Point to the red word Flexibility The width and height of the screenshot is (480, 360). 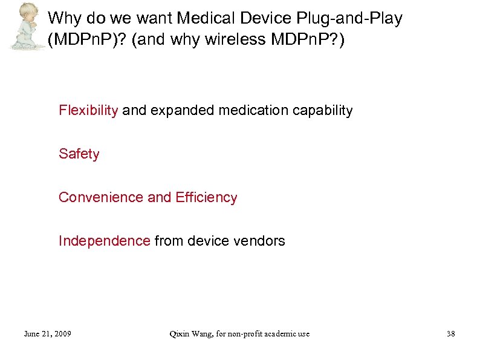tap(88, 111)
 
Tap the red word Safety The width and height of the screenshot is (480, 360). tap(79, 154)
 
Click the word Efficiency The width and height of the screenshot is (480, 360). tap(206, 198)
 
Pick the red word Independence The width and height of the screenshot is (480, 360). tap(104, 241)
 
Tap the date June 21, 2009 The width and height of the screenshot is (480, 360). tap(47, 334)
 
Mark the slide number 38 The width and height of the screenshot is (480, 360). tap(450, 334)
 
